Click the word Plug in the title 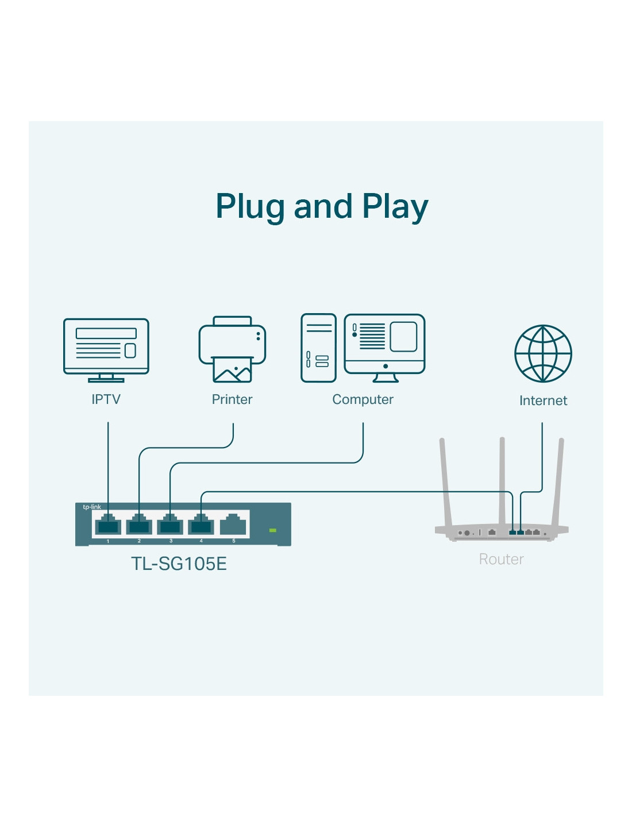point(251,207)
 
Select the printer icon point(232,349)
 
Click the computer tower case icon point(318,348)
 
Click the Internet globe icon point(543,353)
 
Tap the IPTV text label point(106,399)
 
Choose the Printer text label point(232,399)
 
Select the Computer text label point(363,399)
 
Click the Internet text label point(543,400)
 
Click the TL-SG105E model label point(179,564)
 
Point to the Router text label point(501,559)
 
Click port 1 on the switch point(108,525)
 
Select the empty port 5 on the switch point(233,525)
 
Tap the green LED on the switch point(273,530)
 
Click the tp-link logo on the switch point(92,507)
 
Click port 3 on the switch point(170,525)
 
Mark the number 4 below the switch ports point(201,541)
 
